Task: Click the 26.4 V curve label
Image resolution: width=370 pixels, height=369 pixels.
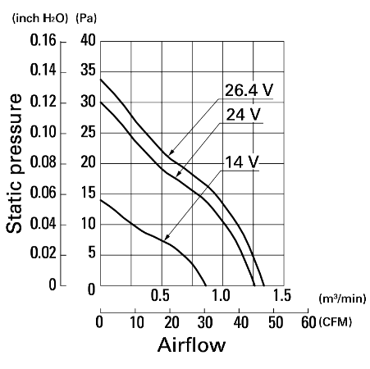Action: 249,90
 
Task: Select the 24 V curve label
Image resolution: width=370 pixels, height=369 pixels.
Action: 244,114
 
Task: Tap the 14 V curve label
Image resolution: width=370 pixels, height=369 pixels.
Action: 241,162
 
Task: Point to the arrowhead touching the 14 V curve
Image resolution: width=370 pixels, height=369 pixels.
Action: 167,238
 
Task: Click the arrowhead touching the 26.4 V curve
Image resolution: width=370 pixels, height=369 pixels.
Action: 171,153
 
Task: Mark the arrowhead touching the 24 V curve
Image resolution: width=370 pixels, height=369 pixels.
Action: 178,174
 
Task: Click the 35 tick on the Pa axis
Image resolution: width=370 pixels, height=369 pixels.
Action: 88,71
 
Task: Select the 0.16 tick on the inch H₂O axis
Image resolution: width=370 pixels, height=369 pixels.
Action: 43,40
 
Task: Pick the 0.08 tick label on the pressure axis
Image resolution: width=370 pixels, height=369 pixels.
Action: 43,162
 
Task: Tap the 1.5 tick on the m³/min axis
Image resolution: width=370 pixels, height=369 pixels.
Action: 282,295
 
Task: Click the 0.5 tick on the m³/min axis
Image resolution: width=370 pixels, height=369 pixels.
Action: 160,295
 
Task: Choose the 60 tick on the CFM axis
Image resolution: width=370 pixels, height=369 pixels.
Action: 308,322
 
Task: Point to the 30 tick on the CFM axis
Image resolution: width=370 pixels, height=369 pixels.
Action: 205,322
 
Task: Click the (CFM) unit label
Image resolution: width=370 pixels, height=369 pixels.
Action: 335,322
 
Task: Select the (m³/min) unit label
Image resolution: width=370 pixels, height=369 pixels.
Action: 342,298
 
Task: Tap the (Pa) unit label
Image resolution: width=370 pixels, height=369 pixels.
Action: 86,18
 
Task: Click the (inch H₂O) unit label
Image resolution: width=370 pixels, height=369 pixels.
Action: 40,18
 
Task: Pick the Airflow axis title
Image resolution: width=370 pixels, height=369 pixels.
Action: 191,344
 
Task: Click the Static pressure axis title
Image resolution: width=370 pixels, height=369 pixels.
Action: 14,163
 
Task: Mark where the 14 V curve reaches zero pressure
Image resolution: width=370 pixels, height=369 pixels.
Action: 206,285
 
